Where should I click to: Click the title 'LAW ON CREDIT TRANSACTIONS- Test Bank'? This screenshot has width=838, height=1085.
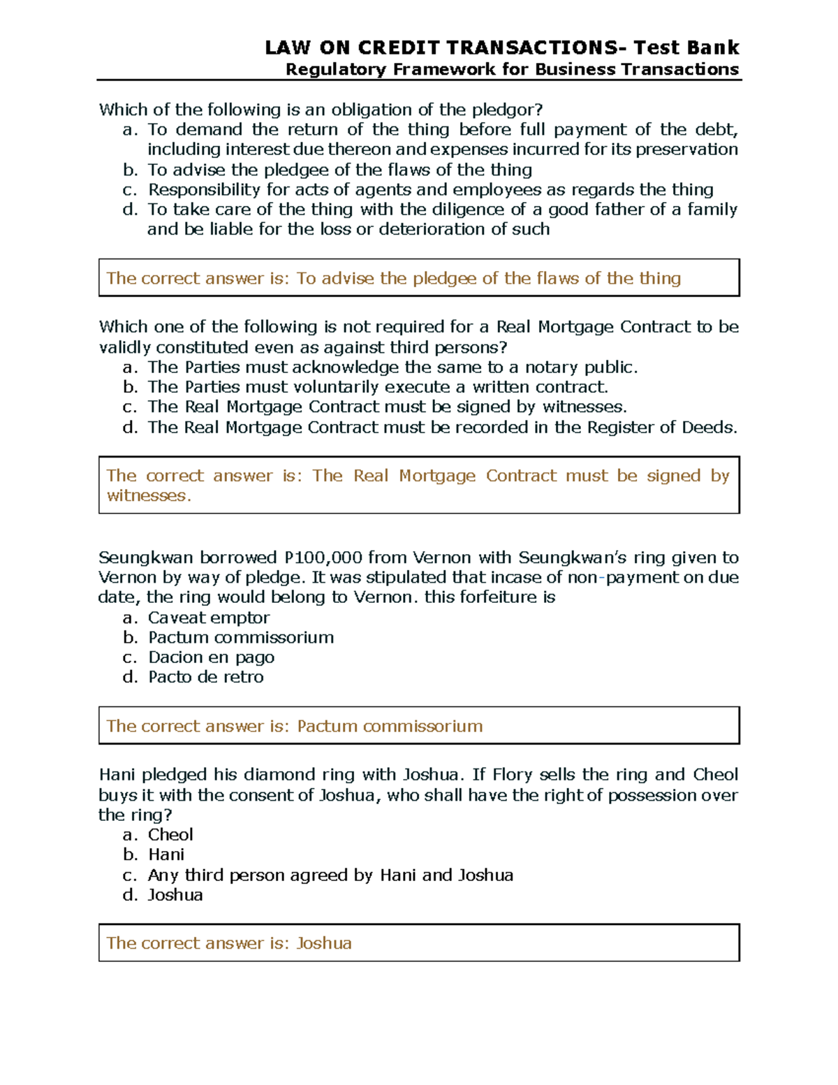[x=501, y=48]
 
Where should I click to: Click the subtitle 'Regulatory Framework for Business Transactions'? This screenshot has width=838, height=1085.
[x=512, y=69]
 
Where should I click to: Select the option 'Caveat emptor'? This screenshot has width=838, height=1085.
[x=208, y=618]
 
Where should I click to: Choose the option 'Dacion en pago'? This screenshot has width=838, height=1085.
[x=211, y=657]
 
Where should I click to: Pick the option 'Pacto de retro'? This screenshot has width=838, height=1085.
[x=205, y=677]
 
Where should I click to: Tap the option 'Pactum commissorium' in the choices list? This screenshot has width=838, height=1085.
[x=240, y=637]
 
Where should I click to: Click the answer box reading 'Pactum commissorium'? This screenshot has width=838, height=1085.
[x=418, y=726]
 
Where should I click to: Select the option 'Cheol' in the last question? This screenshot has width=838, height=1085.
[x=170, y=835]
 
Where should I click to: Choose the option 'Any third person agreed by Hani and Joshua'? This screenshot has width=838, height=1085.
[x=330, y=875]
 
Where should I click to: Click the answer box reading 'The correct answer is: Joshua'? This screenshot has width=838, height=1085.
[x=418, y=943]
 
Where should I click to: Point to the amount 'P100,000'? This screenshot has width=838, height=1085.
[x=323, y=558]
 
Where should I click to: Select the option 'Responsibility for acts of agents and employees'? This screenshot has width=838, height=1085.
[x=430, y=190]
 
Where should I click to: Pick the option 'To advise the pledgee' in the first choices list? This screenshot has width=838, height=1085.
[x=339, y=170]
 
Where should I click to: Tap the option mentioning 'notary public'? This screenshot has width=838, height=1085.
[x=392, y=367]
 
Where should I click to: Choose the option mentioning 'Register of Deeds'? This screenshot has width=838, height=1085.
[x=442, y=428]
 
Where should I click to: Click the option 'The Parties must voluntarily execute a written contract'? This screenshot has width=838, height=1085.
[x=378, y=387]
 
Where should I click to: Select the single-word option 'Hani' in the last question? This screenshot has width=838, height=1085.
[x=166, y=854]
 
